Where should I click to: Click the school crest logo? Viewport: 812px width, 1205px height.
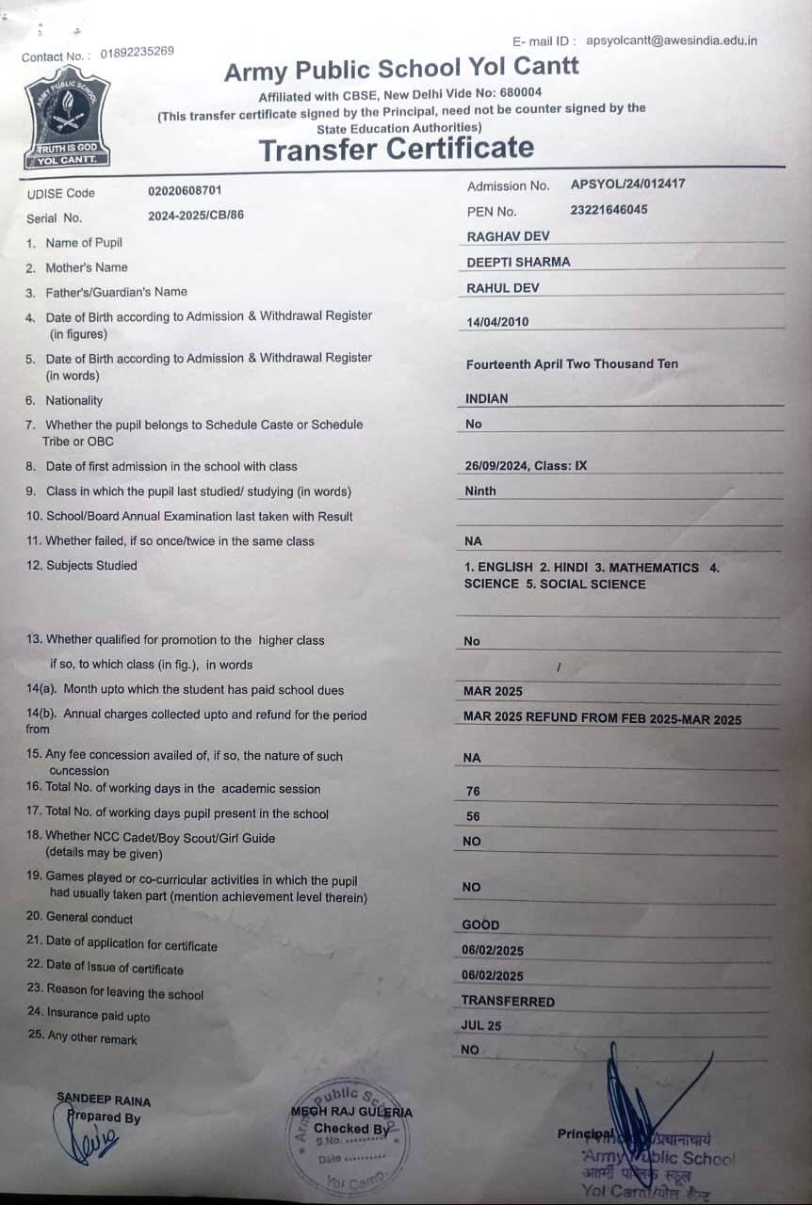click(x=66, y=120)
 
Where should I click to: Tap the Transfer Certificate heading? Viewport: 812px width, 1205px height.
click(x=396, y=149)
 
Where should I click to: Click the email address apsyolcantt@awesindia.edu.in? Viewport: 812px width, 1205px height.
click(x=671, y=40)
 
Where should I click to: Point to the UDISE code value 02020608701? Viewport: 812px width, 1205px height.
click(x=185, y=190)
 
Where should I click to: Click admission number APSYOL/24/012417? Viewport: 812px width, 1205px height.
click(x=627, y=185)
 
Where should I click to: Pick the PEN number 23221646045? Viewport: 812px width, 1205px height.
click(x=609, y=210)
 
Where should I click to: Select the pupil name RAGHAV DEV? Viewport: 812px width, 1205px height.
click(x=508, y=236)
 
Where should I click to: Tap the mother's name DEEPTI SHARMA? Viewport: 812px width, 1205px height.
click(x=518, y=262)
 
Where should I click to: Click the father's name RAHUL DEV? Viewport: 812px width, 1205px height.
click(x=503, y=288)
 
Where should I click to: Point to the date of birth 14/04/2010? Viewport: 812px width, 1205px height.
click(x=497, y=322)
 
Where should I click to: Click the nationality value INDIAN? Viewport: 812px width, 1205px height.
click(x=486, y=399)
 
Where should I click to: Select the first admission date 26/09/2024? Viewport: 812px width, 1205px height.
click(x=496, y=466)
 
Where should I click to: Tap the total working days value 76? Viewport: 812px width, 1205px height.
click(x=473, y=792)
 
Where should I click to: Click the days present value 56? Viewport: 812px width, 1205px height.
click(x=473, y=817)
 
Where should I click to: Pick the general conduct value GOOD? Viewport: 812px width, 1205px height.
click(x=480, y=925)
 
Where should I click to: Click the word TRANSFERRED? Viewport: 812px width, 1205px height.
click(x=508, y=1002)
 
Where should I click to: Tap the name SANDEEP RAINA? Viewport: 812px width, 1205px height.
click(x=104, y=1100)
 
